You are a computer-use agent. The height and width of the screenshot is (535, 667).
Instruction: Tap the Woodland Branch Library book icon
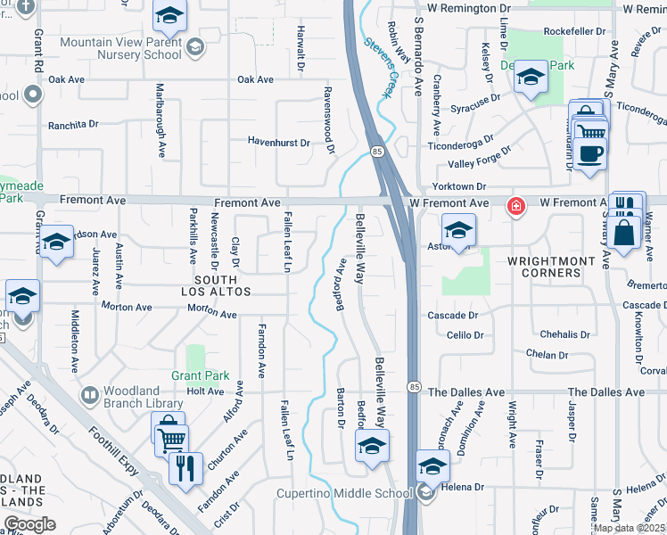(89, 393)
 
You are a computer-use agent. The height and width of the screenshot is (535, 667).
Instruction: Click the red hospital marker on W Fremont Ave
(515, 206)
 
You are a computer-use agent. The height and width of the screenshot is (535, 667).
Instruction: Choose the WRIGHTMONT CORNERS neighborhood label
(551, 267)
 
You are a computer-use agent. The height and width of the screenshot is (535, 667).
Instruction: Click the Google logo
(29, 524)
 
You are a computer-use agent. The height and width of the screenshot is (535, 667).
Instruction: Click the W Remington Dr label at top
(474, 8)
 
